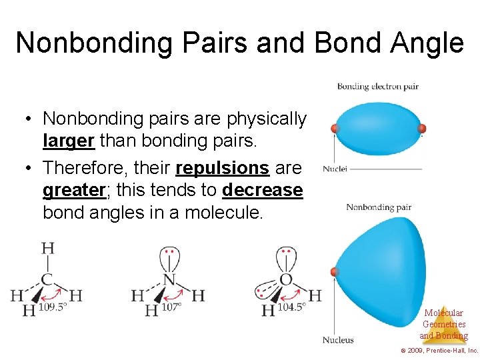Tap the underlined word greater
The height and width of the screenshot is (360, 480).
coord(74,191)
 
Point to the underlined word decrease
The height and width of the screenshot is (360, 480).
coord(262,191)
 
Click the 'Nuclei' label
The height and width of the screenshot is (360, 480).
coord(335,169)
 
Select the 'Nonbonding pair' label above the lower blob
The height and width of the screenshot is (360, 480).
coord(379,207)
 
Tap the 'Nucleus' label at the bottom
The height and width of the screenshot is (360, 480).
coord(338,340)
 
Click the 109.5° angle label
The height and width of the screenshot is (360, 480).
coord(55,308)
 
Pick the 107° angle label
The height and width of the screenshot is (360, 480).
coord(171,308)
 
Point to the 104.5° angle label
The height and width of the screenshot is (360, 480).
coord(291,307)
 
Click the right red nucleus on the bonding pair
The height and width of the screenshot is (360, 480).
coord(421,128)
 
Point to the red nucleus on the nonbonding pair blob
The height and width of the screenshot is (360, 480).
coord(335,272)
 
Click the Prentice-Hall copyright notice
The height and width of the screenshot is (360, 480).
coord(439,351)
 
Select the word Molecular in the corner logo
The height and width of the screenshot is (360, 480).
coord(443,313)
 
